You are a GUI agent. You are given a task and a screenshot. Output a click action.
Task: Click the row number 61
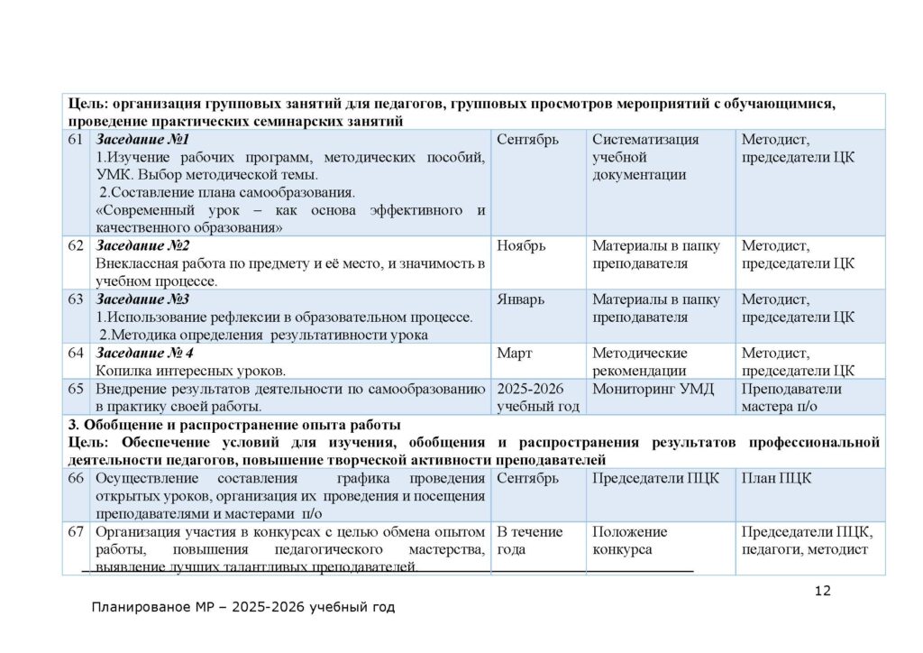pyautogui.click(x=75, y=140)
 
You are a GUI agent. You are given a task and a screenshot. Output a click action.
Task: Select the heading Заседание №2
pyautogui.click(x=143, y=246)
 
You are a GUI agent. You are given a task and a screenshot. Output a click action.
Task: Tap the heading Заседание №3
pyautogui.click(x=143, y=299)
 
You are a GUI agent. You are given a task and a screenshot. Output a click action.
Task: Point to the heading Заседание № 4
pyautogui.click(x=145, y=353)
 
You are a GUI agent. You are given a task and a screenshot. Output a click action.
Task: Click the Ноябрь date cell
pyautogui.click(x=521, y=246)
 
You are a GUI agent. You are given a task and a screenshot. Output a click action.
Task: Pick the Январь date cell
pyautogui.click(x=520, y=299)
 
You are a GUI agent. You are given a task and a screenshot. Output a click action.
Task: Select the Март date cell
pyautogui.click(x=515, y=353)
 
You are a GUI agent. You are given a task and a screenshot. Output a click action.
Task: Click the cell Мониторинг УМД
pyautogui.click(x=647, y=389)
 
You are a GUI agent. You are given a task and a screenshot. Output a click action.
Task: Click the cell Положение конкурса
pyautogui.click(x=630, y=540)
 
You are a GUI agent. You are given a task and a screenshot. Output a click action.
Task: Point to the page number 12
pyautogui.click(x=822, y=592)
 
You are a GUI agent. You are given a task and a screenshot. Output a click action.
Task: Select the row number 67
pyautogui.click(x=75, y=532)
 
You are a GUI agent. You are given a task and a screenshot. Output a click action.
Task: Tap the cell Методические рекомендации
pyautogui.click(x=640, y=362)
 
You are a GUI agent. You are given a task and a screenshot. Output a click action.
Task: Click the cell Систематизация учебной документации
pyautogui.click(x=645, y=157)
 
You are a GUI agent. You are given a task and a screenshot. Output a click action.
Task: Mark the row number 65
pyautogui.click(x=75, y=389)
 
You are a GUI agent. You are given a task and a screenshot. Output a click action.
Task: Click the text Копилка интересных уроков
pyautogui.click(x=190, y=371)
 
